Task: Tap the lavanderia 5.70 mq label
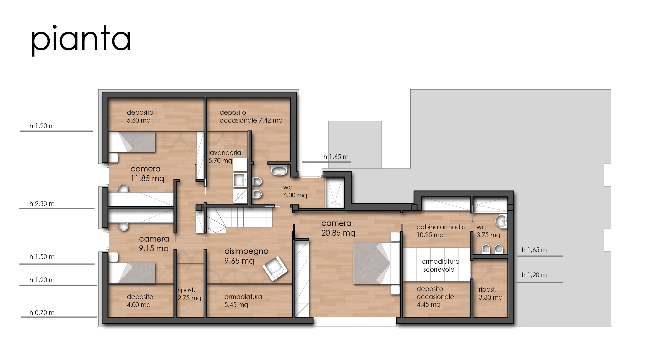224,157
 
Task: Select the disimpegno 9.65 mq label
246,256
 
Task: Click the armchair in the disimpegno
275,268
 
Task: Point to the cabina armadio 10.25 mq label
441,231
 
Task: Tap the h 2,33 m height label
42,204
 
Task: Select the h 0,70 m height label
42,313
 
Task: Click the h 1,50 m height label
42,257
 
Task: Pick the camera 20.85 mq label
338,228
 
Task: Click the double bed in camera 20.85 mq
376,263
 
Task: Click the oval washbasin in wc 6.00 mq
279,170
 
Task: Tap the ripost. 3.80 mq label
490,293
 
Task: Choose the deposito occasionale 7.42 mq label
251,116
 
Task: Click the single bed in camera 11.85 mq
132,142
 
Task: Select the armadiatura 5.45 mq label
243,301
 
